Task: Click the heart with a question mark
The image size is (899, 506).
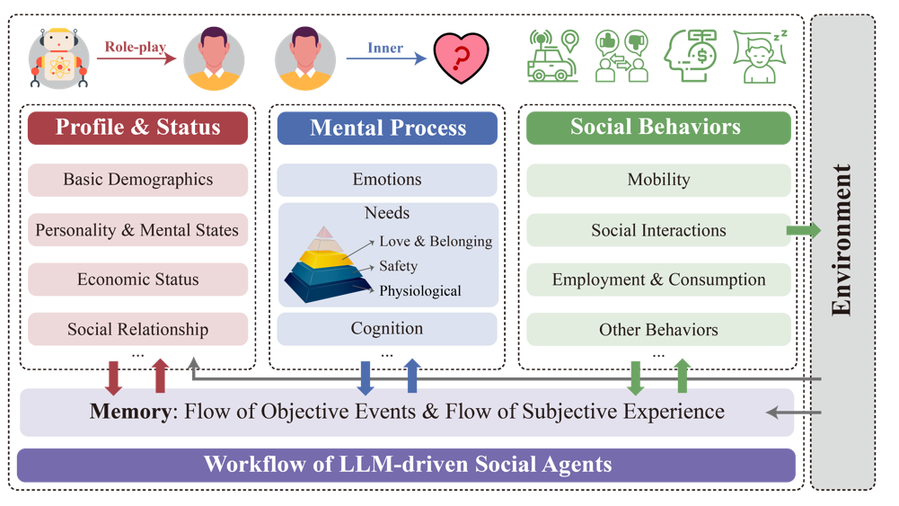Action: pyautogui.click(x=461, y=59)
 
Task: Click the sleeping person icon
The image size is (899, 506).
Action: pyautogui.click(x=760, y=58)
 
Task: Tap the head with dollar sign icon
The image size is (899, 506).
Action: pyautogui.click(x=690, y=57)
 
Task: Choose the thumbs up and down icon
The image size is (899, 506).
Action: pyautogui.click(x=621, y=57)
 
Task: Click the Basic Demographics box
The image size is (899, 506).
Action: pyautogui.click(x=137, y=180)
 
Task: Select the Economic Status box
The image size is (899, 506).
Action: pyautogui.click(x=137, y=280)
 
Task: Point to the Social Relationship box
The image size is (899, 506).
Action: pyautogui.click(x=137, y=329)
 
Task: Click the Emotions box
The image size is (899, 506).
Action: pyautogui.click(x=387, y=180)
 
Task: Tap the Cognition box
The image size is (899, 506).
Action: pyautogui.click(x=387, y=329)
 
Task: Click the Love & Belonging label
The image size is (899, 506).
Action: pyautogui.click(x=436, y=241)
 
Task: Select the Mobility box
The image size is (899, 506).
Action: pyautogui.click(x=658, y=180)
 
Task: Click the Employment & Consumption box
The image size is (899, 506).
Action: pyautogui.click(x=658, y=280)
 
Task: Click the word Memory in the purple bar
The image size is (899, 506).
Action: pyautogui.click(x=129, y=412)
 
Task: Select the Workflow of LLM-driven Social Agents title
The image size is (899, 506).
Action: pyautogui.click(x=407, y=465)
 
